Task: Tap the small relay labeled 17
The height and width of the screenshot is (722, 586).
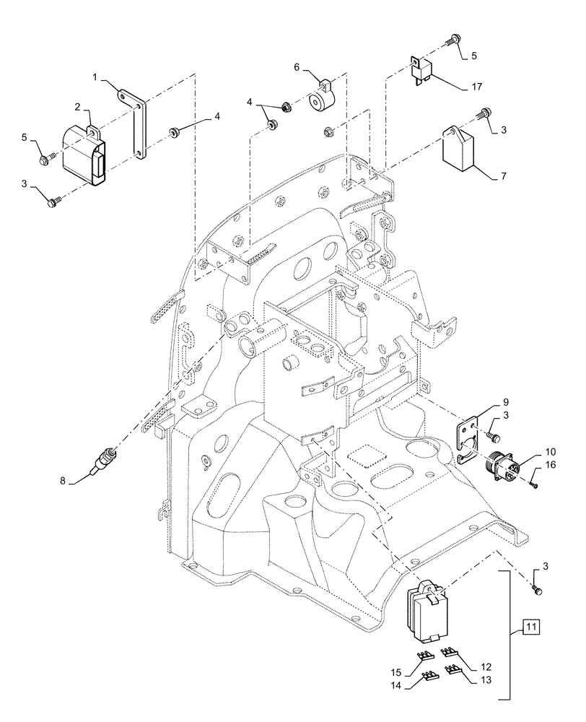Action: pyautogui.click(x=423, y=70)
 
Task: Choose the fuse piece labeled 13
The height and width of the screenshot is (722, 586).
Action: pyautogui.click(x=453, y=671)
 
